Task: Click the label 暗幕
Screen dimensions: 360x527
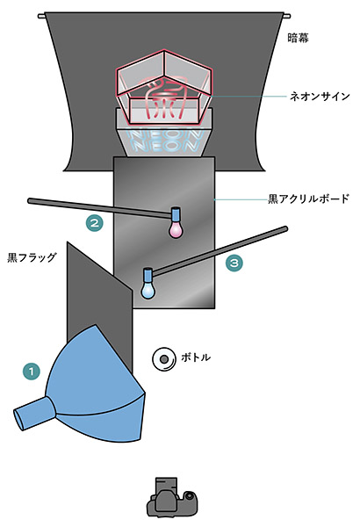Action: click(299, 38)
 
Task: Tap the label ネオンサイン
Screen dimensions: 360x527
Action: click(320, 97)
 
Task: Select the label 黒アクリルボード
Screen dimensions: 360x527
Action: click(308, 199)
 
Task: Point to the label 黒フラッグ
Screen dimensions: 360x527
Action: click(32, 257)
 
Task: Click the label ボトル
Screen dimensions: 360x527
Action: click(196, 357)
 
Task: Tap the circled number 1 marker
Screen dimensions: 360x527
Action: click(32, 372)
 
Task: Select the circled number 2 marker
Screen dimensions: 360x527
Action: click(95, 223)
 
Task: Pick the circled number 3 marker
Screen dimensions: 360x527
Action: click(234, 263)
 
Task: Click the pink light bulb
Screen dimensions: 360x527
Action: click(176, 229)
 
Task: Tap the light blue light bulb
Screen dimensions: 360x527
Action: click(148, 290)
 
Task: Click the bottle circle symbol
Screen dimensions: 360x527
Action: click(164, 359)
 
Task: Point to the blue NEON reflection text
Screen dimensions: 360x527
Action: click(166, 141)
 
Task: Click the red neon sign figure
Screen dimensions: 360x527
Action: click(165, 97)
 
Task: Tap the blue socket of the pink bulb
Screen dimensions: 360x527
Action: click(176, 214)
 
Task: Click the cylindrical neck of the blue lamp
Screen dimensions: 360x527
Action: click(33, 413)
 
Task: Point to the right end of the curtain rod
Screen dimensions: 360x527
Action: click(287, 16)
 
